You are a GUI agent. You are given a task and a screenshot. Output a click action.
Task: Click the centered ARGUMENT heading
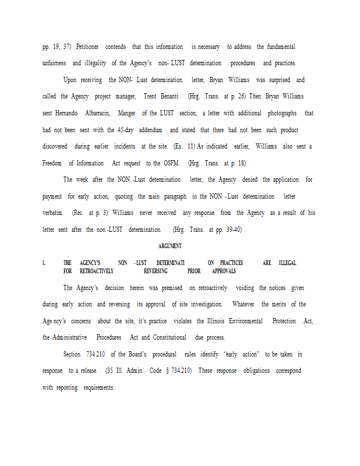[x=170, y=246]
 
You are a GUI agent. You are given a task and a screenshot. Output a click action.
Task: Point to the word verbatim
[x=54, y=213]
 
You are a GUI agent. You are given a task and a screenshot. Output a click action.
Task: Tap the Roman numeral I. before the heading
[x=44, y=263]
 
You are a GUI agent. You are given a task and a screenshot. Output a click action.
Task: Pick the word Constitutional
[x=170, y=338]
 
